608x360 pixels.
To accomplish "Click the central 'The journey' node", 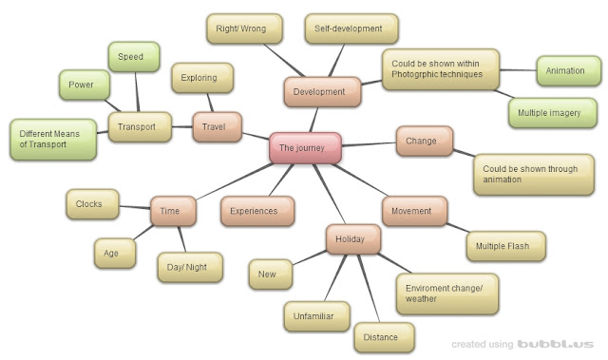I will [x=305, y=147].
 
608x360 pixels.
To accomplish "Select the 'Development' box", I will [x=322, y=91].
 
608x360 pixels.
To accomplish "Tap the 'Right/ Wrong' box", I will [x=244, y=28].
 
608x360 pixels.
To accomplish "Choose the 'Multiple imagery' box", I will [x=552, y=112].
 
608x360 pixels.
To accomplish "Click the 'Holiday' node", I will [x=352, y=238].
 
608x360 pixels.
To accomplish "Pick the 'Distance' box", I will [x=387, y=336].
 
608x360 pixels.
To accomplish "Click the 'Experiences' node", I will [x=255, y=211].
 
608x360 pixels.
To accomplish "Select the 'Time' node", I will [x=173, y=211].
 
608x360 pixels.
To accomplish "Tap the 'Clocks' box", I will [x=91, y=203].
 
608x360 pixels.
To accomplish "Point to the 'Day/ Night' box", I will [x=190, y=267].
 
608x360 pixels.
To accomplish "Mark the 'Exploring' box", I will [x=199, y=78].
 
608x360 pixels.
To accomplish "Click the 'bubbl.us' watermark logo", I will [x=556, y=343].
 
